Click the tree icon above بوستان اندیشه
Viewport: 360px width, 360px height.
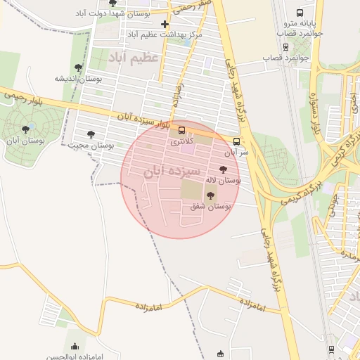coord(78,68)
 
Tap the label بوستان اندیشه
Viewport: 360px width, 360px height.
coord(79,79)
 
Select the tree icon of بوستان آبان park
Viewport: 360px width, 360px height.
coord(26,129)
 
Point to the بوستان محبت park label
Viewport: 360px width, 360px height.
coord(91,145)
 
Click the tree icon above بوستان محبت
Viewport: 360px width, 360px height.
coord(90,134)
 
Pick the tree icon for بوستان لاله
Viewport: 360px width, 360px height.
coord(224,169)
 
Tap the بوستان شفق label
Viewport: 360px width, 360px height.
coord(211,207)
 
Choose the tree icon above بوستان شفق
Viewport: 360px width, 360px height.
coord(210,196)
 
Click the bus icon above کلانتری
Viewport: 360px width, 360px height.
coord(182,130)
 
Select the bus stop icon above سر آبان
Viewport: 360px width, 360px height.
coord(236,141)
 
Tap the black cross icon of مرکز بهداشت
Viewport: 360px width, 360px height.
coord(165,24)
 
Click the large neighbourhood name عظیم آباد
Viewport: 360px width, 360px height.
coord(134,57)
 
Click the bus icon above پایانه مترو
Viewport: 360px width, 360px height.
coord(300,13)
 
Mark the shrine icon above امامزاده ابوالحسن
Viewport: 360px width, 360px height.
coord(75,346)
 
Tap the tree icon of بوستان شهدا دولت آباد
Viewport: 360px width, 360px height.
coord(112,3)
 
